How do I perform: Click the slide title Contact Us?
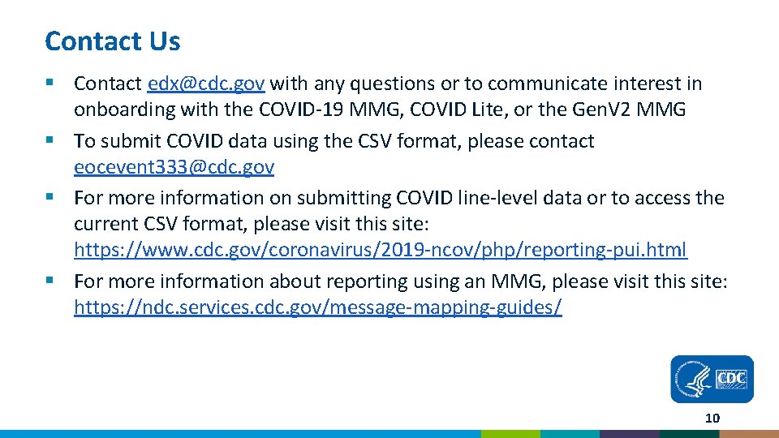[x=113, y=41]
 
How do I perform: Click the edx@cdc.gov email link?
[x=207, y=84]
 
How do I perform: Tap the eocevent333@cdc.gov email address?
[x=174, y=167]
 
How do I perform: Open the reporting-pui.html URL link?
[x=380, y=250]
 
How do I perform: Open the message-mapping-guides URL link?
[x=317, y=307]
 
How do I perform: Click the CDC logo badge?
[x=712, y=379]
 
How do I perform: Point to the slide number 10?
[x=712, y=419]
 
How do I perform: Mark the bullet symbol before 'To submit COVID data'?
[x=50, y=141]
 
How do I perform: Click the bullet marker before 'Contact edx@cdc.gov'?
[x=50, y=84]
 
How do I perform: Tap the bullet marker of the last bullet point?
[x=50, y=281]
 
